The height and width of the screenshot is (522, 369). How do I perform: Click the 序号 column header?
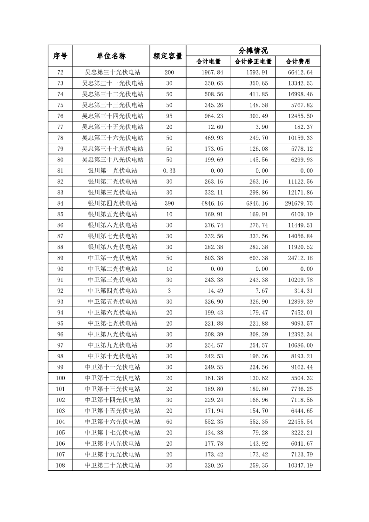pos(60,56)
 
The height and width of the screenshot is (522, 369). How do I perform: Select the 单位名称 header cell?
pos(111,56)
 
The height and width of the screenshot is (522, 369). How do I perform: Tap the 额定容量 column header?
pos(168,56)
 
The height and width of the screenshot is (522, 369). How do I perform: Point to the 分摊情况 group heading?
pos(253,50)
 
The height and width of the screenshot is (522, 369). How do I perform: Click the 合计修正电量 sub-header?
pos(253,61)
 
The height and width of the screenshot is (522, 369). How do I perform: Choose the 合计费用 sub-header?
pos(298,61)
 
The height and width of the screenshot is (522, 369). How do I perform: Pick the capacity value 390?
pos(168,203)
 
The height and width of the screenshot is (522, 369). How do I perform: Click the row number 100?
pos(60,378)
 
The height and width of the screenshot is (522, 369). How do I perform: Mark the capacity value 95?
pos(168,116)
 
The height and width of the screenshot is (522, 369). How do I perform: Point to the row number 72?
pos(60,73)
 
